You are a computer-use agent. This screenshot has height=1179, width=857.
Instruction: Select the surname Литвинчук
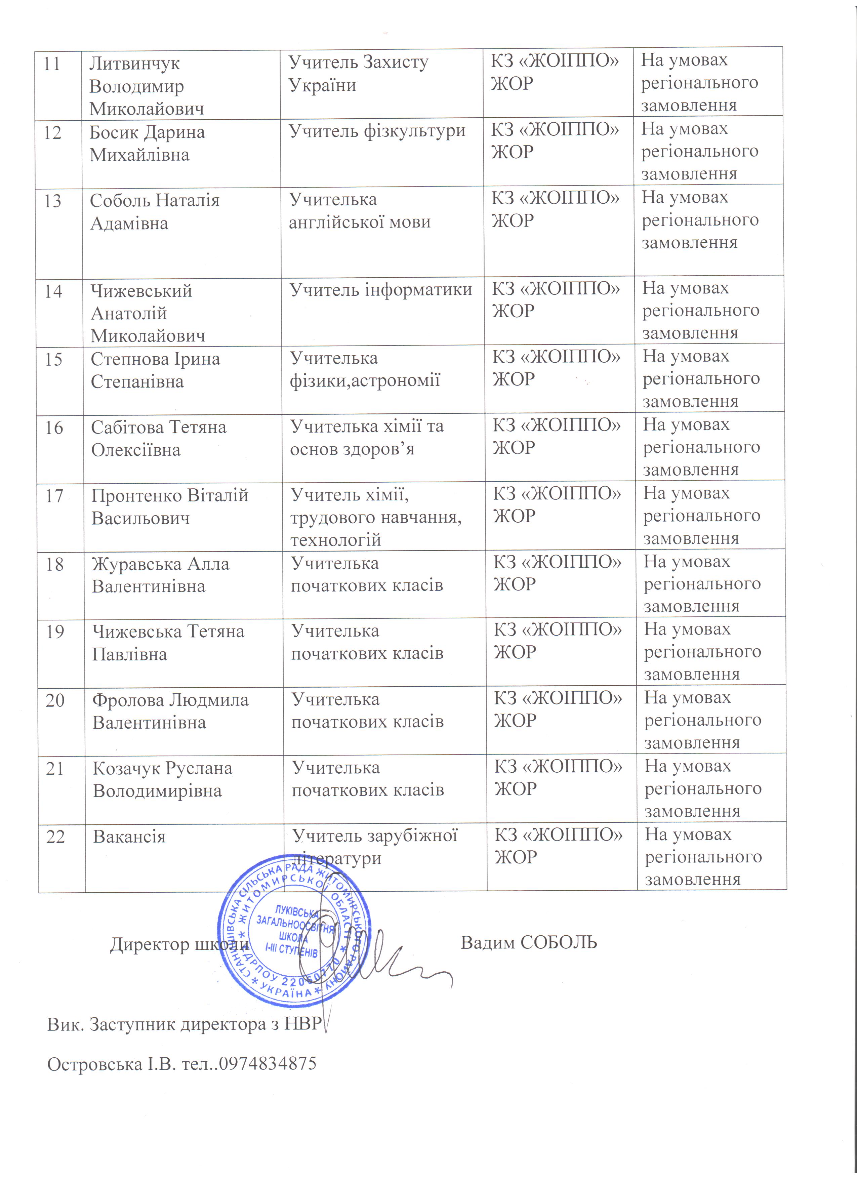(135, 64)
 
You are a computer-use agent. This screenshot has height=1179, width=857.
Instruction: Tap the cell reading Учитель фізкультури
(377, 131)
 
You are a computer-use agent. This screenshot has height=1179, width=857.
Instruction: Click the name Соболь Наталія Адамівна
(155, 212)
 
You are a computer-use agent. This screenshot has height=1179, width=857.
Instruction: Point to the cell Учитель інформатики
(380, 290)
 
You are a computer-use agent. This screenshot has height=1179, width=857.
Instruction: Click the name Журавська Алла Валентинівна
(160, 575)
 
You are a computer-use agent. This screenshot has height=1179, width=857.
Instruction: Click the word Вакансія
(129, 837)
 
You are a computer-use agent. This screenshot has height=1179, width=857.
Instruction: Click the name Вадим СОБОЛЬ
(529, 942)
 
